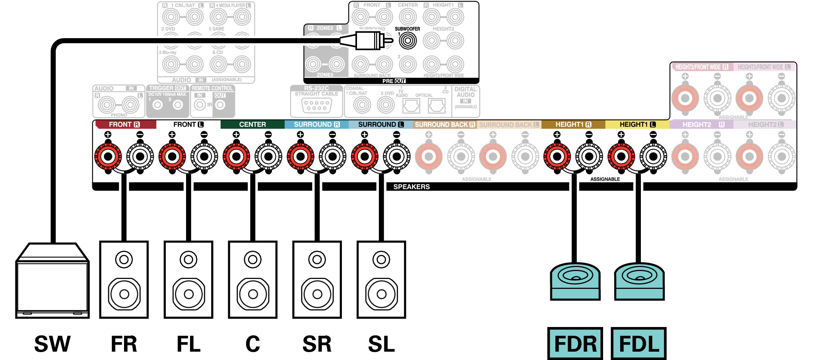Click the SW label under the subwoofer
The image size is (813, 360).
click(x=52, y=344)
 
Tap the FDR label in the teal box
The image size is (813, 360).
click(x=575, y=344)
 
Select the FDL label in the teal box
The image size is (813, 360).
click(x=638, y=344)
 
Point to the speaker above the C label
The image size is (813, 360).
click(x=253, y=279)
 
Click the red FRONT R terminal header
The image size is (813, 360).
click(x=124, y=124)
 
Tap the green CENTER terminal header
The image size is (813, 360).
click(x=252, y=124)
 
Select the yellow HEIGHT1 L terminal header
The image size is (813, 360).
click(x=637, y=124)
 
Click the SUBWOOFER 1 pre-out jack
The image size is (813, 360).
click(x=407, y=41)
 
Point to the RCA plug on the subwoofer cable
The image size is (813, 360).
click(x=370, y=41)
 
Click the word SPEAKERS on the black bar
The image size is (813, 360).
click(x=411, y=187)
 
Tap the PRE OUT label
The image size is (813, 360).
click(x=394, y=81)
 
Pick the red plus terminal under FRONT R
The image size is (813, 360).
click(x=108, y=156)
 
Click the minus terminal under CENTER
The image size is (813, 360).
click(x=268, y=156)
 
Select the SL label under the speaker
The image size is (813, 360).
click(x=381, y=344)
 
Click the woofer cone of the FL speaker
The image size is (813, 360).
click(x=189, y=294)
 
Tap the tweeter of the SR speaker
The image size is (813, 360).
click(x=317, y=260)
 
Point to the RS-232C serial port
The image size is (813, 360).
click(x=316, y=105)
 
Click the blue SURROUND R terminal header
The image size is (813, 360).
click(x=316, y=124)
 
